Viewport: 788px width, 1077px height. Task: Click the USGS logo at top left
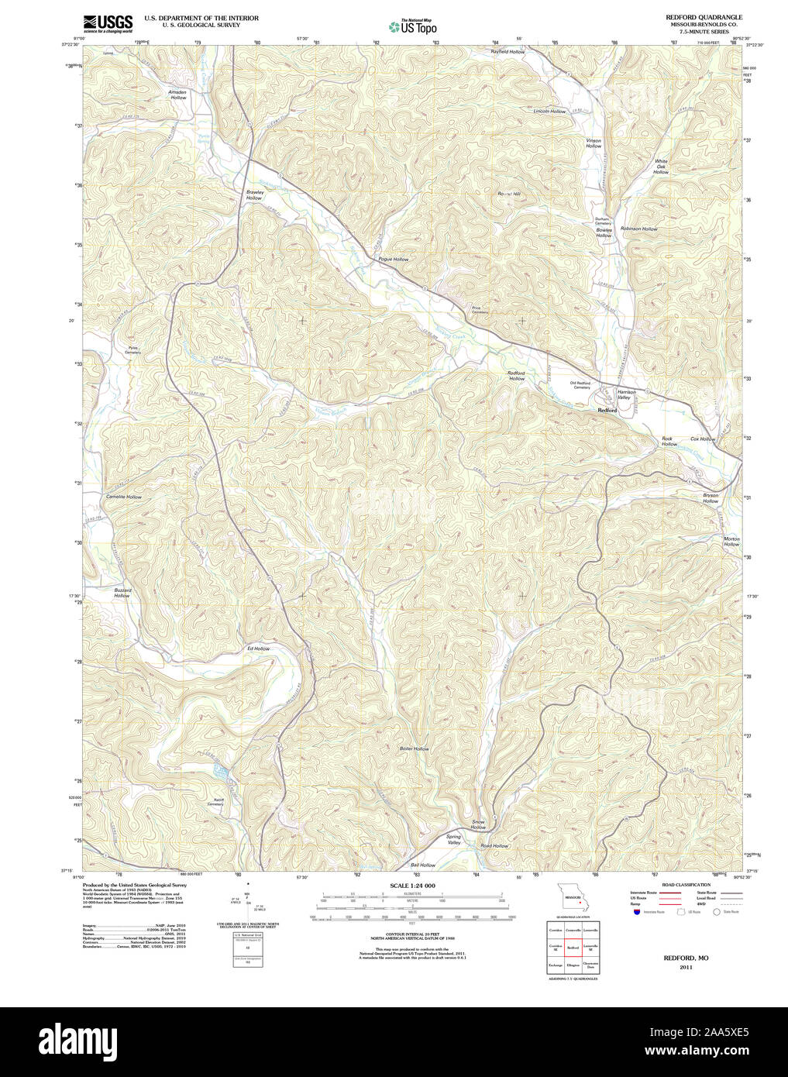[108, 22]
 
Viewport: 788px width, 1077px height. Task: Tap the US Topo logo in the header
[412, 26]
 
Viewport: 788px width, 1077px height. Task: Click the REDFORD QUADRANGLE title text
[704, 17]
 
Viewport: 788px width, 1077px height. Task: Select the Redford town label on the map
[607, 410]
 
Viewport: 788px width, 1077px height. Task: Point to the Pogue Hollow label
[393, 259]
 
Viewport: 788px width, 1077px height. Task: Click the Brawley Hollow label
[255, 195]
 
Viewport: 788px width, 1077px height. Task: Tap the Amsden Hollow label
[178, 95]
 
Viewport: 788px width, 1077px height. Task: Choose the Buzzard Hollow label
[122, 593]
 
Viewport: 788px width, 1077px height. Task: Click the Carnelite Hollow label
[124, 497]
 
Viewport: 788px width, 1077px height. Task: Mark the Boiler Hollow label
[414, 748]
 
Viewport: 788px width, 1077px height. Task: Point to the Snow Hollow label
[478, 824]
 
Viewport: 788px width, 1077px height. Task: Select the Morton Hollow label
[731, 542]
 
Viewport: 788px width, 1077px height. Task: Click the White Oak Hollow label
[661, 167]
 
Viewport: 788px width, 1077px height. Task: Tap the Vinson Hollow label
[594, 143]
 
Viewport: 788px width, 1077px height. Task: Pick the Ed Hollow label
[258, 648]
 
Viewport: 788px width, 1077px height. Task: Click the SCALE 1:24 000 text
[412, 885]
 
